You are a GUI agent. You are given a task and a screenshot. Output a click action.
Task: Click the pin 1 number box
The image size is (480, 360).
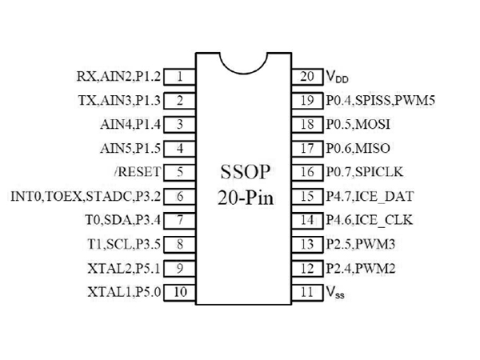click(x=180, y=77)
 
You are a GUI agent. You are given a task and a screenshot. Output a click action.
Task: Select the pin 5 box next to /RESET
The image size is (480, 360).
click(x=180, y=172)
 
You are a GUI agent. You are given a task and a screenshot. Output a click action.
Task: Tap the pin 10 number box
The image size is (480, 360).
click(x=180, y=292)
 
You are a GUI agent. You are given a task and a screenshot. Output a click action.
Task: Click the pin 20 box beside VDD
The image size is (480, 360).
click(x=307, y=77)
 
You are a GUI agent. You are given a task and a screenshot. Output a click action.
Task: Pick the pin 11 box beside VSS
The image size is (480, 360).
click(x=307, y=292)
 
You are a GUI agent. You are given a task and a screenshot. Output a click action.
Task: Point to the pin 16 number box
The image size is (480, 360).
click(x=307, y=172)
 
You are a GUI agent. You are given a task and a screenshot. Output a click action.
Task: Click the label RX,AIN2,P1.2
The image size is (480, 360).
click(x=118, y=77)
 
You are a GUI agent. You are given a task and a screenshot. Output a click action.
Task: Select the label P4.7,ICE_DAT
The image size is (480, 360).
click(x=369, y=196)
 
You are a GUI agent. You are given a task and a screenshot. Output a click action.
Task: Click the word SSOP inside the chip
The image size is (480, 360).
click(x=244, y=173)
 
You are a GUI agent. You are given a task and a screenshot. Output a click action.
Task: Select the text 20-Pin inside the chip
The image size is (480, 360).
click(x=244, y=198)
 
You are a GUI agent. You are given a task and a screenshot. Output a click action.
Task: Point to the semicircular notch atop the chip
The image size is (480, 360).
click(x=244, y=65)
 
